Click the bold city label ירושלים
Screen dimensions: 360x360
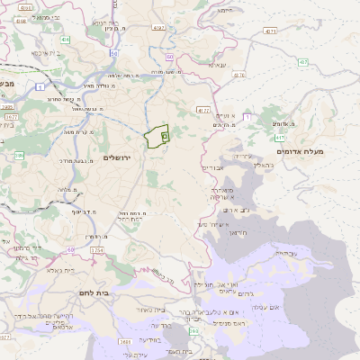coord(118,157)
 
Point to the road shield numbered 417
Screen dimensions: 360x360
coord(281,137)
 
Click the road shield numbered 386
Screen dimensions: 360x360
coord(19,156)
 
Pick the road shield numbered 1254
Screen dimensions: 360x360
coord(96,249)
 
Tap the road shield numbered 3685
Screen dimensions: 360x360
coord(125,341)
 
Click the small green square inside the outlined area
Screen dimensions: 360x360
coord(165,136)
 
